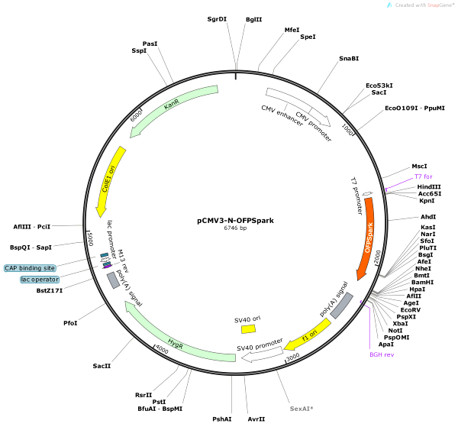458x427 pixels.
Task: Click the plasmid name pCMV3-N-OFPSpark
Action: click(235, 220)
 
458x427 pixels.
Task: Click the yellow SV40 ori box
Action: click(248, 328)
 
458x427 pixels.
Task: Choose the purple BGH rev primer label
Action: click(382, 354)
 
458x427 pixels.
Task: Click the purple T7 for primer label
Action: click(423, 176)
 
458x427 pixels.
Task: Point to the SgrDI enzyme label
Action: click(217, 18)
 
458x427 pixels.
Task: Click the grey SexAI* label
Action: click(301, 409)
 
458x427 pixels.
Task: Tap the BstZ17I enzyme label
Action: click(50, 290)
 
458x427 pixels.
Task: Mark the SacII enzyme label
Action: click(102, 367)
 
